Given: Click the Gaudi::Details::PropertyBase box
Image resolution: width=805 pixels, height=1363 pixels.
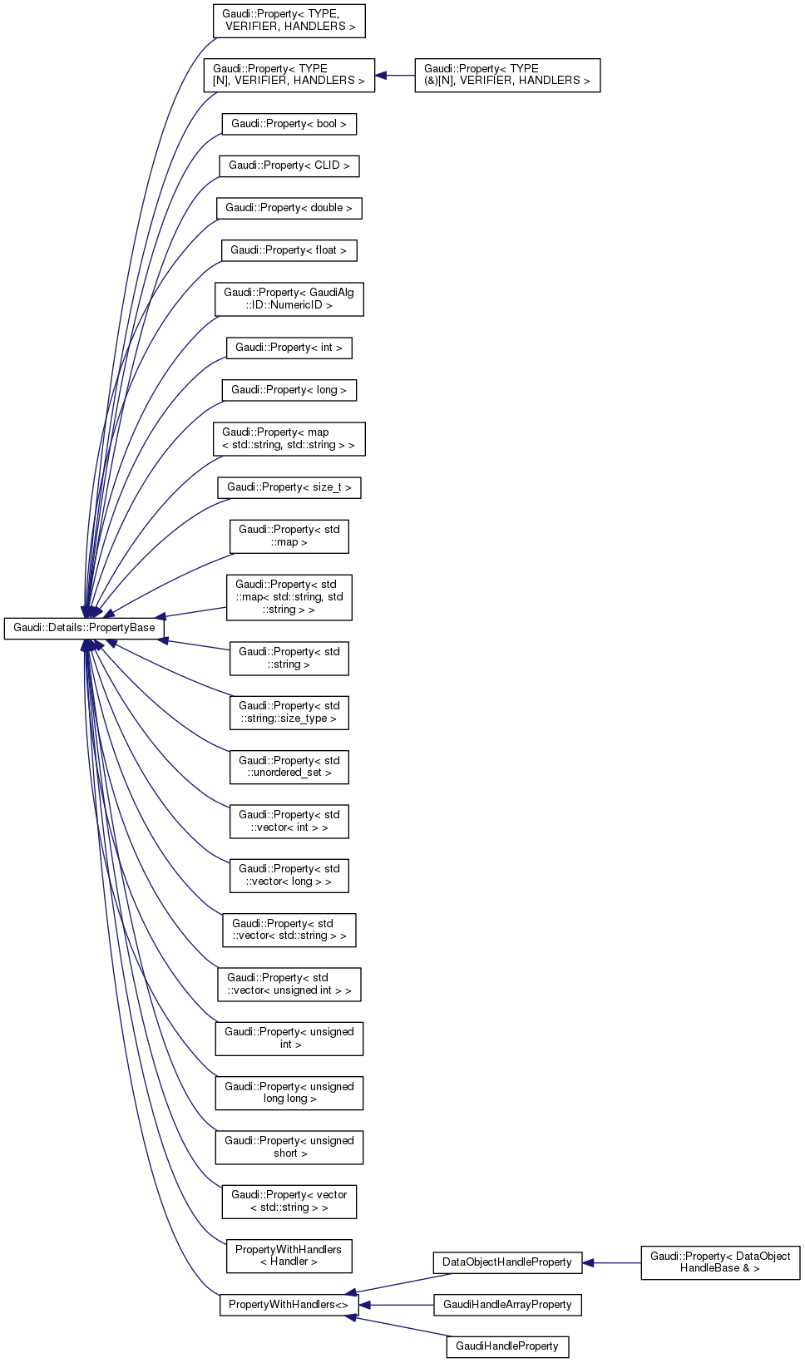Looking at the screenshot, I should pyautogui.click(x=84, y=628).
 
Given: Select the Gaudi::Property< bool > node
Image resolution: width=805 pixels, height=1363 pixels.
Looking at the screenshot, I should pyautogui.click(x=289, y=124).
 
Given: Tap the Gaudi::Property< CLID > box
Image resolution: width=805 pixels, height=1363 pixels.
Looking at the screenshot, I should pyautogui.click(x=289, y=165).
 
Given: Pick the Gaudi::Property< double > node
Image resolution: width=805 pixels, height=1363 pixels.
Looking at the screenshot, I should pyautogui.click(x=289, y=208).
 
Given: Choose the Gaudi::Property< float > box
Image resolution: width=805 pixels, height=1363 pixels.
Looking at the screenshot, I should pyautogui.click(x=289, y=250).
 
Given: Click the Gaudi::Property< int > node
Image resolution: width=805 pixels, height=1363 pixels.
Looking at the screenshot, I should pyautogui.click(x=289, y=348).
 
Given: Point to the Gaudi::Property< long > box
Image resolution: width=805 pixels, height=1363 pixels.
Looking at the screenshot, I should pyautogui.click(x=289, y=390).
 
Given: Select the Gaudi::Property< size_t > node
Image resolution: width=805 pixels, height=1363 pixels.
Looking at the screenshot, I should pyautogui.click(x=289, y=487).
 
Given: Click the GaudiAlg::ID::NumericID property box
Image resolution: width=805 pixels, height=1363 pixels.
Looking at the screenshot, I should pyautogui.click(x=289, y=299).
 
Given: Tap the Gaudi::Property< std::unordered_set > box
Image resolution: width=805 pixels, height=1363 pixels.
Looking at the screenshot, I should pyautogui.click(x=289, y=767).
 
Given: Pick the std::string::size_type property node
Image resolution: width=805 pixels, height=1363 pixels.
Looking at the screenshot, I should pyautogui.click(x=289, y=713).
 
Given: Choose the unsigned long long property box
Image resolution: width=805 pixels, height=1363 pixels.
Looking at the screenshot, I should pyautogui.click(x=289, y=1093).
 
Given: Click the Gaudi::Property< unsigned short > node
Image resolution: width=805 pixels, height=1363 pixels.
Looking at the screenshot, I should pyautogui.click(x=289, y=1147).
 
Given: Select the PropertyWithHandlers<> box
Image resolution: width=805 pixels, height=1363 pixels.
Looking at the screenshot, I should pyautogui.click(x=289, y=1305).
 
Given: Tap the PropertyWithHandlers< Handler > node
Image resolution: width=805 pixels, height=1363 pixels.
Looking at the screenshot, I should pyautogui.click(x=289, y=1256).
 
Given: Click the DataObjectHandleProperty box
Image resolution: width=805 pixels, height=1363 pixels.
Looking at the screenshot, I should pyautogui.click(x=506, y=1262).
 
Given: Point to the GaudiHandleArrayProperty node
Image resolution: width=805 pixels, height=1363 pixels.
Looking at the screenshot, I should pyautogui.click(x=506, y=1305).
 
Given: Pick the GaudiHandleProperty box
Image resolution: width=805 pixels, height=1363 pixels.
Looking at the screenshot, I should pyautogui.click(x=506, y=1346).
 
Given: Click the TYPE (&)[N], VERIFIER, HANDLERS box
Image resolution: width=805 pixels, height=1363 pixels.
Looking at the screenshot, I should pyautogui.click(x=506, y=75).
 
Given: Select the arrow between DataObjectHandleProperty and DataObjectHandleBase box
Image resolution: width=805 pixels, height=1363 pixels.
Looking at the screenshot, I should pyautogui.click(x=611, y=1263).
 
